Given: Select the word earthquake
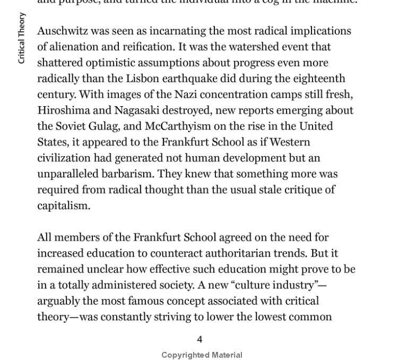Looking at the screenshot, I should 189,79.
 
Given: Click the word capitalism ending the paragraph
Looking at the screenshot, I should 63,206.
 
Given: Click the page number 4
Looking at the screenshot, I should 200,339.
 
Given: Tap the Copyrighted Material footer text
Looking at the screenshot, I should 202,355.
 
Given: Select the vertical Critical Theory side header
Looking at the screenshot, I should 22,38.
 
